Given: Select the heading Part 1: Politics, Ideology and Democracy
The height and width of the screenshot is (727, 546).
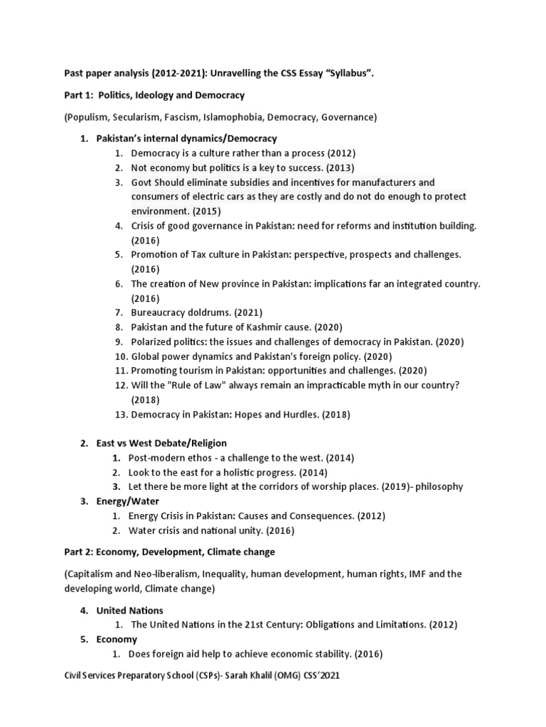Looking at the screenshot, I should point(154,95).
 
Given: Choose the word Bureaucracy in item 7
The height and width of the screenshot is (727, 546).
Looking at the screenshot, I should point(159,312).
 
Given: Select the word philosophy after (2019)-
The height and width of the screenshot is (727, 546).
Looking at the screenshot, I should point(438,487).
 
